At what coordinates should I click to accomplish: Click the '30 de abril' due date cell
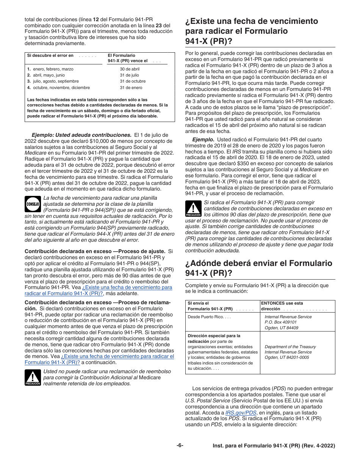(x=130, y=69)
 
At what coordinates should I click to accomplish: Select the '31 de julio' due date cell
(x=129, y=75)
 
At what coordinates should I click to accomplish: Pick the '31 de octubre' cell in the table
(x=133, y=81)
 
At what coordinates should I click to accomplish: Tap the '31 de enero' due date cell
(x=131, y=88)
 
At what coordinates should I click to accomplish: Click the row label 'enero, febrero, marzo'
(x=53, y=69)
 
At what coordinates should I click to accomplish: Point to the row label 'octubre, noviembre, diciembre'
(x=61, y=88)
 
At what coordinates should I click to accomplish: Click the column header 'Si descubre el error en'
(x=50, y=55)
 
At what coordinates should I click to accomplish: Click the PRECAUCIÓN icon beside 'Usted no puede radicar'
(x=33, y=378)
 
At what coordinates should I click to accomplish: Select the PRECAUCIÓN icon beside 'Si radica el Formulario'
(x=193, y=209)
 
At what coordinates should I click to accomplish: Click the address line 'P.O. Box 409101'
(x=281, y=322)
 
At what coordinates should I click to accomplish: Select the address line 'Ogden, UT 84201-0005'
(x=286, y=358)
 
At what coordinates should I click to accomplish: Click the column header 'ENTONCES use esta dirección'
(x=282, y=306)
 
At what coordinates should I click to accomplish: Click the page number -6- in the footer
(x=180, y=446)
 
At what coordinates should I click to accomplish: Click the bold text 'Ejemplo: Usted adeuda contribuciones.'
(x=81, y=134)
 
